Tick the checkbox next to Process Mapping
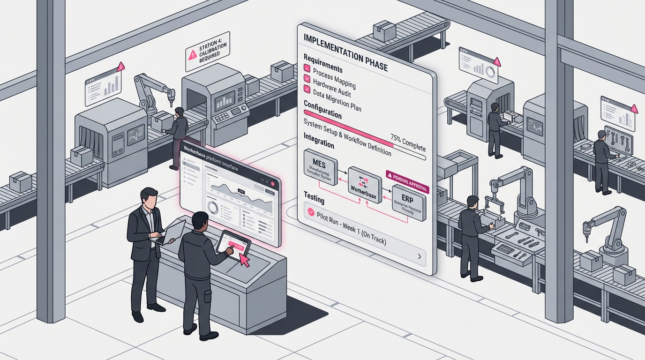(307, 68)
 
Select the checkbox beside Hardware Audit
(307, 79)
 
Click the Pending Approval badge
(407, 176)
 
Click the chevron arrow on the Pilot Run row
(420, 256)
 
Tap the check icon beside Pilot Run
(310, 212)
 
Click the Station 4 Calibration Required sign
(207, 52)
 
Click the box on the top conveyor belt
(384, 31)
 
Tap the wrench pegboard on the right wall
(618, 142)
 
